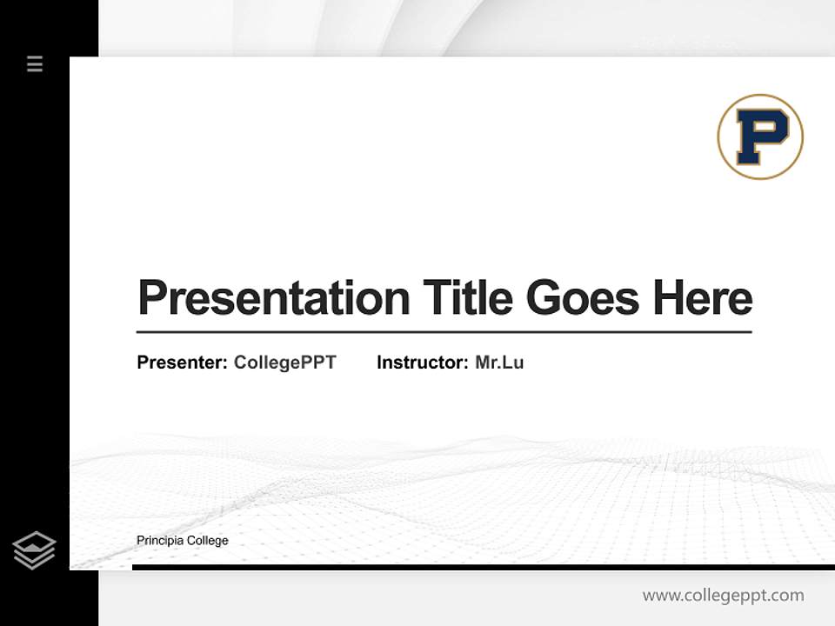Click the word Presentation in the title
pyautogui.click(x=273, y=297)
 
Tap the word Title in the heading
pyautogui.click(x=467, y=297)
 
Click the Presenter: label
pyautogui.click(x=182, y=363)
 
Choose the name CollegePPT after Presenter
pyautogui.click(x=284, y=363)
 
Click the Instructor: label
pyautogui.click(x=422, y=363)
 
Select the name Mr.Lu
pyautogui.click(x=499, y=363)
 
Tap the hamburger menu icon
pyautogui.click(x=35, y=63)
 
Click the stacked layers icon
pyautogui.click(x=34, y=550)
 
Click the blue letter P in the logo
pyautogui.click(x=760, y=137)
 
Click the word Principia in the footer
pyautogui.click(x=158, y=541)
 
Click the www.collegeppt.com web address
pyautogui.click(x=723, y=596)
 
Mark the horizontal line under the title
pyautogui.click(x=444, y=332)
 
